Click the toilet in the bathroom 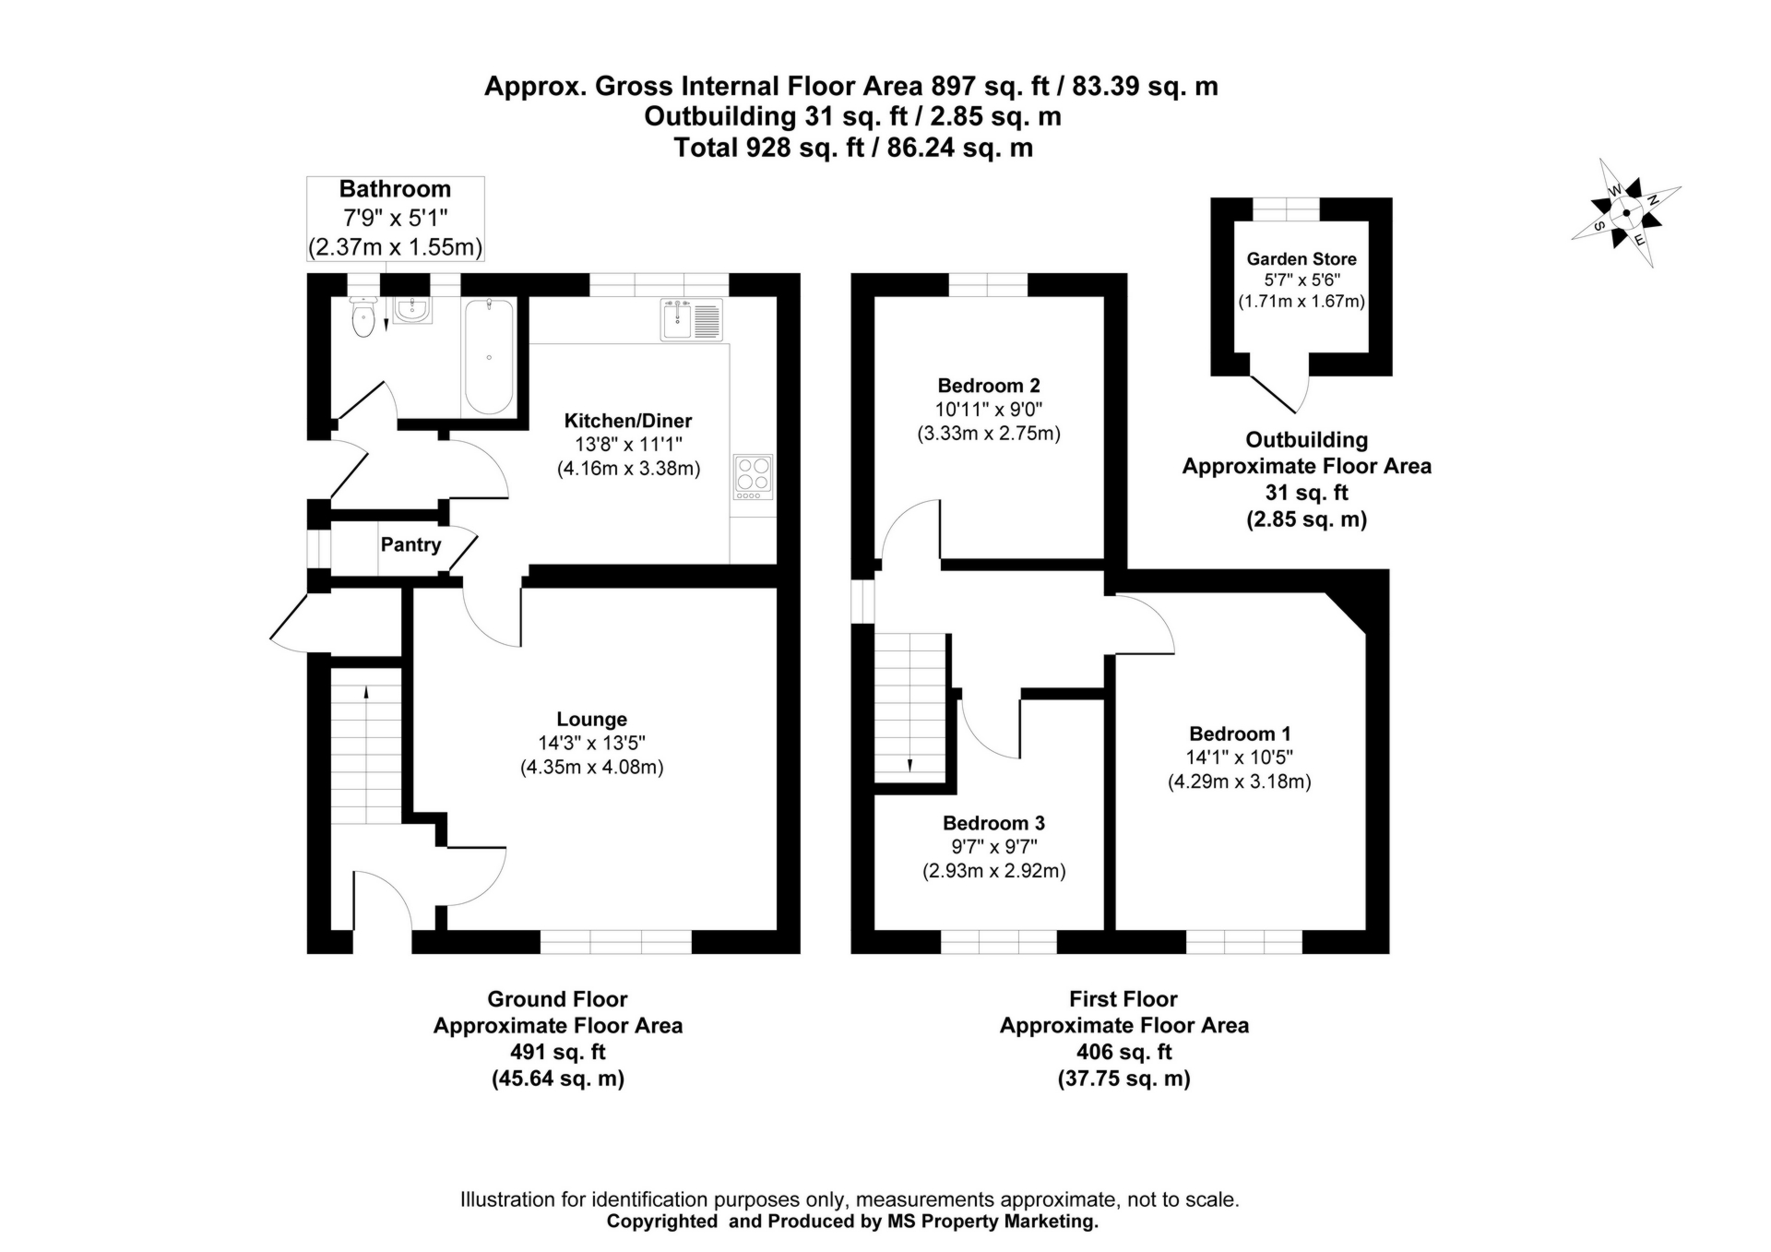[x=364, y=316]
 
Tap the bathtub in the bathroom [x=488, y=356]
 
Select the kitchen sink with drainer [x=692, y=320]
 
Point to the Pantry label [x=410, y=544]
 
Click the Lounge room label [x=591, y=719]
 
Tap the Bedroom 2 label [x=988, y=386]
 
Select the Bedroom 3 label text [x=993, y=823]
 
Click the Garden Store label [x=1301, y=259]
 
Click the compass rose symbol [x=1625, y=213]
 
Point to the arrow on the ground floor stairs [x=366, y=694]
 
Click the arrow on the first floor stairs [x=909, y=763]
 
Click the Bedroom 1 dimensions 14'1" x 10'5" [x=1239, y=757]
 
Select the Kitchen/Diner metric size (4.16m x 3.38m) [x=628, y=469]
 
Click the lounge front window [x=615, y=941]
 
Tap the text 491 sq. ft [x=557, y=1052]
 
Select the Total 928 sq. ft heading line [x=852, y=148]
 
